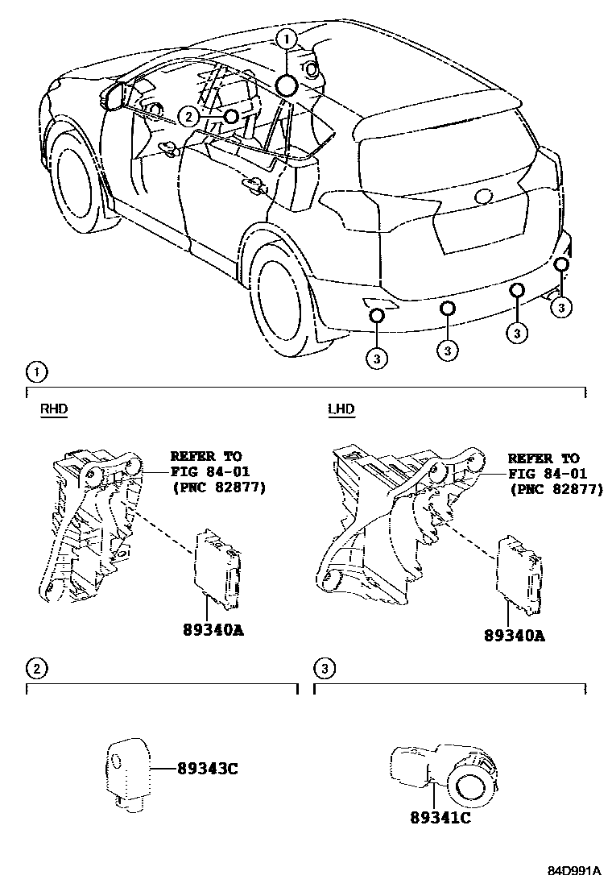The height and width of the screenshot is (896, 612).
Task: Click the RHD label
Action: point(54,409)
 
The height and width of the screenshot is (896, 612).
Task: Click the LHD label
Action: point(341,409)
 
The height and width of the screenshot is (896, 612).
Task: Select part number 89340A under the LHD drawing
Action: point(515,635)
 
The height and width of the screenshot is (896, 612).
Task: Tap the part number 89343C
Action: point(207,768)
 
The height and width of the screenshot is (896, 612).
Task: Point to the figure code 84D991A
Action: point(575,872)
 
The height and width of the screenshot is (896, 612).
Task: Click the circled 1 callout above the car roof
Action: point(287,38)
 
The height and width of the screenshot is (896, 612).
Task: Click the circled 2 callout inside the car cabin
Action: point(188,117)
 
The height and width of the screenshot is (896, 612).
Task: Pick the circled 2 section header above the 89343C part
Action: point(36,667)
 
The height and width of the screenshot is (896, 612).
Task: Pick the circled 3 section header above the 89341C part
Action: point(323,667)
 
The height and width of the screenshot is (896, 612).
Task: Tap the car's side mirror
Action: point(114,95)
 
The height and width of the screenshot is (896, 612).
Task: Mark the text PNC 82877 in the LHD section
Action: point(556,489)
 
